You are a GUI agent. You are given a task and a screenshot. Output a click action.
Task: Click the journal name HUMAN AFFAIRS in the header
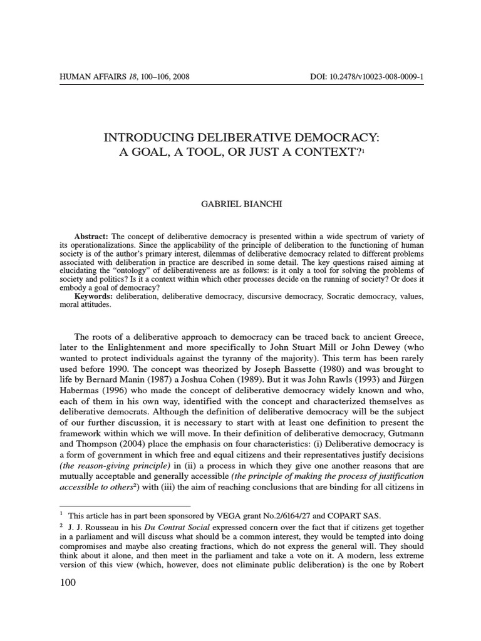91,78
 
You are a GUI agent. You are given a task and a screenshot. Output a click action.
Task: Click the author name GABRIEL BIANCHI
240,205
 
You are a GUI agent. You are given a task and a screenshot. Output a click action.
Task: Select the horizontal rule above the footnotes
125,506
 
